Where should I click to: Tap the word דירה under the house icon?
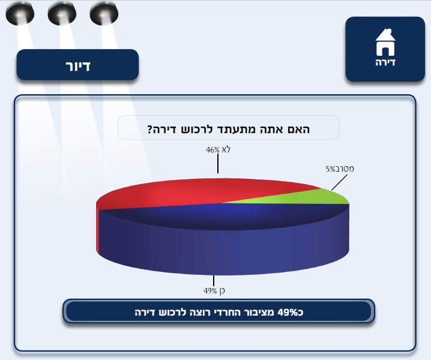385,61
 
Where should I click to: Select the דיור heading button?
77,65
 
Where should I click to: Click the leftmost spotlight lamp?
20,13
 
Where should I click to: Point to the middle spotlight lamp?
62,13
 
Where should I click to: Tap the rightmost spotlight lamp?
103,13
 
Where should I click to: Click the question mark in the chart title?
149,128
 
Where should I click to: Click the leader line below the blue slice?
213,280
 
